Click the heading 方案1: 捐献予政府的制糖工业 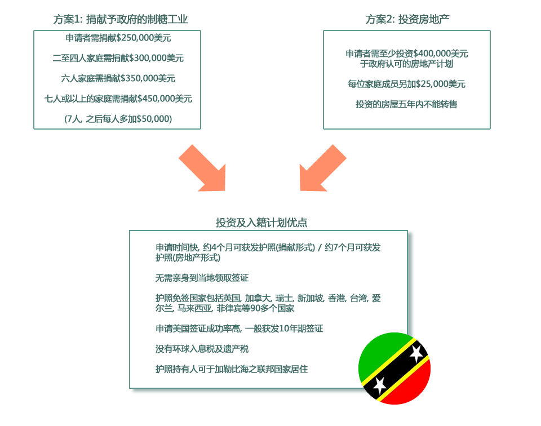point(121,19)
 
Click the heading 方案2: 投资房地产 point(407,19)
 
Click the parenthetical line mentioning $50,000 point(118,119)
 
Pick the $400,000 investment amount point(432,54)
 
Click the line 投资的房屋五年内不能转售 point(406,104)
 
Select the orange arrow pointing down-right point(203,168)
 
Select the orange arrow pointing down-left point(322,168)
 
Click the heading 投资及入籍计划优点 point(261,223)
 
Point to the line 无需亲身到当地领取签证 point(202,278)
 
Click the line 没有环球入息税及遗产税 point(202,349)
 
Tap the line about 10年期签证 point(239,329)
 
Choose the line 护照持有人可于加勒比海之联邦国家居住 point(232,370)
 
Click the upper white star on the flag point(416,353)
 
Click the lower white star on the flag point(379,385)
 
